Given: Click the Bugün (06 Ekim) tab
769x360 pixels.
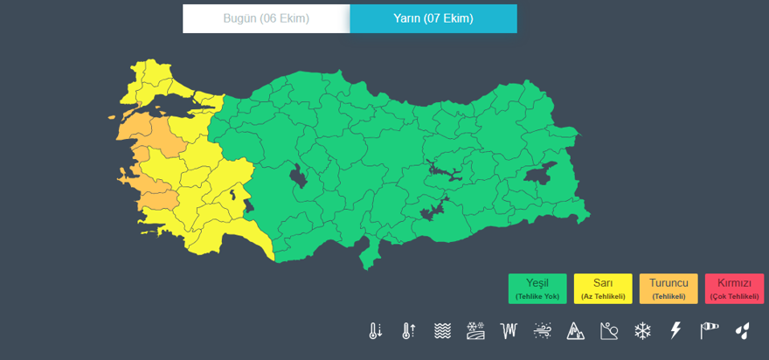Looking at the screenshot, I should click(x=266, y=18).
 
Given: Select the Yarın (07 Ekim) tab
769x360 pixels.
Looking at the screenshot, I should click(x=433, y=18).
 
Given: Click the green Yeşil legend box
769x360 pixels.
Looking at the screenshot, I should click(x=537, y=288).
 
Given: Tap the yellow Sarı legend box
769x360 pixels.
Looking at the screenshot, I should click(x=603, y=288).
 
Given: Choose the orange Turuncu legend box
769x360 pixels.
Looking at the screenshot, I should click(x=669, y=288).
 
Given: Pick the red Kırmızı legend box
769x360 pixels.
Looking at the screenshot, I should click(x=734, y=288).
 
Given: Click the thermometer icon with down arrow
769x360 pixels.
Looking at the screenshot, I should click(x=376, y=331).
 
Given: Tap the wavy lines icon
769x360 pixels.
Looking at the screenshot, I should click(x=443, y=331).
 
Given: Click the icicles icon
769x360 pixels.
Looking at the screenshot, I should click(x=509, y=331).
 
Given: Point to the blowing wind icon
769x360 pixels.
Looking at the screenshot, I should click(x=543, y=331).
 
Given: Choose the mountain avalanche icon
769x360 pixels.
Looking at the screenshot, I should click(x=576, y=331).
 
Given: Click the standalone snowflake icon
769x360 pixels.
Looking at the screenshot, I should click(x=642, y=331).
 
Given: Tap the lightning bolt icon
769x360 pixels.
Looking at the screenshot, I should click(x=675, y=331).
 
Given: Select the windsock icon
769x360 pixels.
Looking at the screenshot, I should click(x=709, y=331).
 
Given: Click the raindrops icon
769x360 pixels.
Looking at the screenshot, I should click(x=742, y=331).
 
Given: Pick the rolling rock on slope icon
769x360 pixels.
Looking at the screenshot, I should click(x=609, y=331).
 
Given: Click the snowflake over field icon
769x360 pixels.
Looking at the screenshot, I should click(x=476, y=331).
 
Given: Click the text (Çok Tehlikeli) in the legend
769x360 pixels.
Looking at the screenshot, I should click(x=734, y=297).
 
